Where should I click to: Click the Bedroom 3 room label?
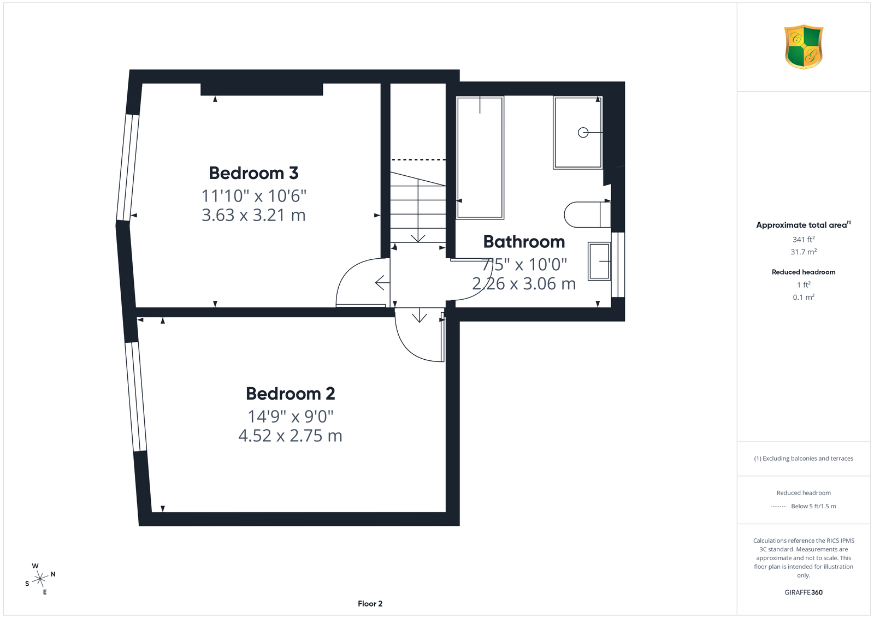pos(253,173)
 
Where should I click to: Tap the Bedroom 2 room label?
pos(290,394)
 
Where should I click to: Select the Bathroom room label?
pos(524,242)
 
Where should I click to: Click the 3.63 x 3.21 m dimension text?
pos(253,215)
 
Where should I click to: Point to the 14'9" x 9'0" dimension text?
pos(291,417)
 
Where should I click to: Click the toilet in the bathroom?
pos(587,215)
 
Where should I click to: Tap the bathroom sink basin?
pos(599,262)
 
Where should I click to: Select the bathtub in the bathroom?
pos(480,158)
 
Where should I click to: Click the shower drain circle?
pos(583,133)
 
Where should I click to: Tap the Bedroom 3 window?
pos(128,168)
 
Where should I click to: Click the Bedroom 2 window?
pos(136,397)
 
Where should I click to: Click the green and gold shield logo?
pos(804,47)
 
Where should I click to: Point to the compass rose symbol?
pos(40,579)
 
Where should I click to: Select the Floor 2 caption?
pos(370,604)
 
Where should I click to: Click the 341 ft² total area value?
pos(804,240)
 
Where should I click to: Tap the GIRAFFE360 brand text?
pos(804,592)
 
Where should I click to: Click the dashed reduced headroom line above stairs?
pos(418,159)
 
